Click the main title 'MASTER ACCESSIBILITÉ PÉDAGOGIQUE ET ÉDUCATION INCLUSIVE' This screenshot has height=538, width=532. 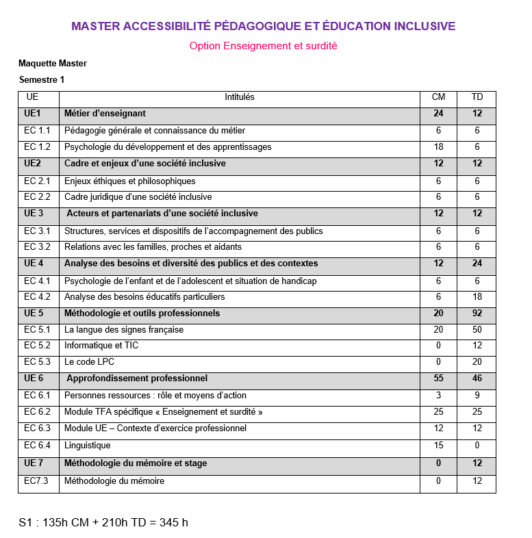coord(263,27)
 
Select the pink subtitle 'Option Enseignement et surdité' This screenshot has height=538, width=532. coord(263,46)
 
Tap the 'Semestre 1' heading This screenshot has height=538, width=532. coord(42,80)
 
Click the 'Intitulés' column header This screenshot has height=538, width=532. coord(239,97)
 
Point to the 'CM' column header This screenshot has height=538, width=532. coord(438,97)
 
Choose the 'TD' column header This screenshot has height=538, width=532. coord(477,97)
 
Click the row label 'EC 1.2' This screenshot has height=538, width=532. coord(37,147)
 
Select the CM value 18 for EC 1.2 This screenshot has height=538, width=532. coord(438,147)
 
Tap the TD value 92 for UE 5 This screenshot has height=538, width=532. coord(477,313)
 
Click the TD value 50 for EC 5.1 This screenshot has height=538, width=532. coord(477,330)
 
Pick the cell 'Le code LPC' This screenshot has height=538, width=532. coord(89,362)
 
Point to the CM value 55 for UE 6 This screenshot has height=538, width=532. coord(438,379)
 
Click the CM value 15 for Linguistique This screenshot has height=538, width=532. coord(438,446)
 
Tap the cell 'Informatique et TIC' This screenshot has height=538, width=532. coord(101,346)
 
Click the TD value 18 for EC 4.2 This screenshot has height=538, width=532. coord(477,297)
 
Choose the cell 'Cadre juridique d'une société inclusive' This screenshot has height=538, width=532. coord(138,197)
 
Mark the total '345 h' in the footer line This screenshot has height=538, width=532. coord(173,523)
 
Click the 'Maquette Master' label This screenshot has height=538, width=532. coord(53,64)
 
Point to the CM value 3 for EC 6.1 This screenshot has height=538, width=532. coord(438,395)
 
